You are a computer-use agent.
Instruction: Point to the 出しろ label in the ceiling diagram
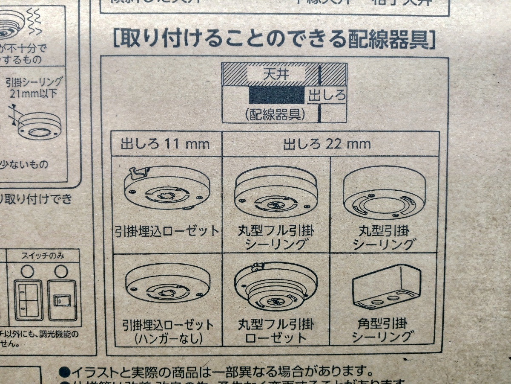point(327,96)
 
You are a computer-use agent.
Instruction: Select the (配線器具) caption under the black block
point(275,115)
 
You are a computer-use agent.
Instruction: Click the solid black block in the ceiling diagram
point(277,95)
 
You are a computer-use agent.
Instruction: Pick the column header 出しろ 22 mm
point(327,144)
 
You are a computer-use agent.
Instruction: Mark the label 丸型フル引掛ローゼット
point(276,331)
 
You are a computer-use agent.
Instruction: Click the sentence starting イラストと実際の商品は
point(217,371)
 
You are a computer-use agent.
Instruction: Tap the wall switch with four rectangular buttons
point(28,300)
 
